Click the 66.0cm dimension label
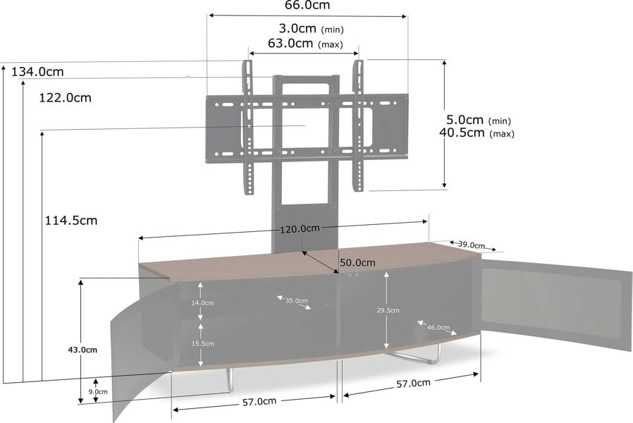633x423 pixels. coord(307,5)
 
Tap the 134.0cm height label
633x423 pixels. coord(37,72)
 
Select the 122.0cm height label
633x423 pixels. coord(65,98)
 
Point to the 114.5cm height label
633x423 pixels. coord(71,221)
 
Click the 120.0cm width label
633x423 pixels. coord(300,229)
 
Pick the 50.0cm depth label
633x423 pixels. coord(357,262)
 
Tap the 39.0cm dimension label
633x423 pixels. coord(472,245)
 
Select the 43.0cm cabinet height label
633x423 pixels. coord(82,350)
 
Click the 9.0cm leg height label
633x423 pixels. coord(98,391)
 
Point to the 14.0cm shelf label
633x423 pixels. coord(202,302)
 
